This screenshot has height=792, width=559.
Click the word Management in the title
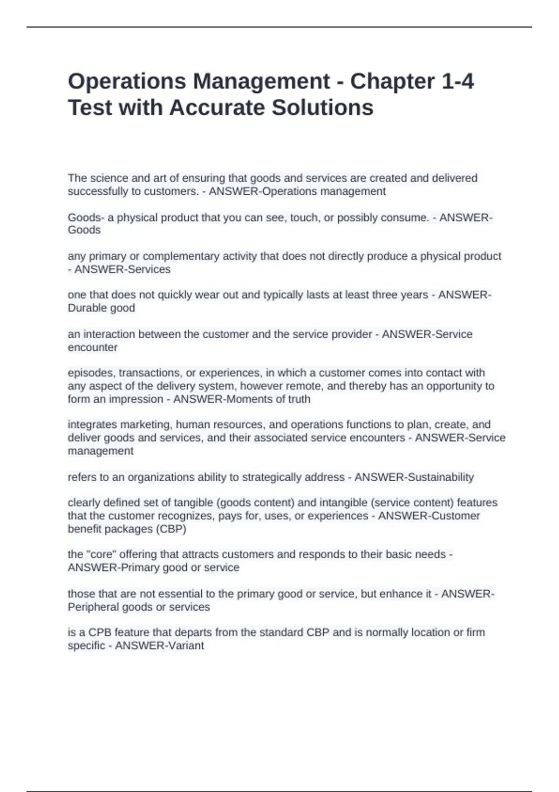pyautogui.click(x=261, y=82)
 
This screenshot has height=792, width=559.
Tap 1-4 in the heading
pyautogui.click(x=457, y=82)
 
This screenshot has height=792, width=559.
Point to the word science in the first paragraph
pyautogui.click(x=104, y=178)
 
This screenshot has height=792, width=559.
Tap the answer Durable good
pyautogui.click(x=102, y=308)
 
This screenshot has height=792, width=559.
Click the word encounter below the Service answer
pyautogui.click(x=93, y=348)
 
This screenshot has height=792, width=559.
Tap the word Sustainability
pyautogui.click(x=441, y=477)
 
